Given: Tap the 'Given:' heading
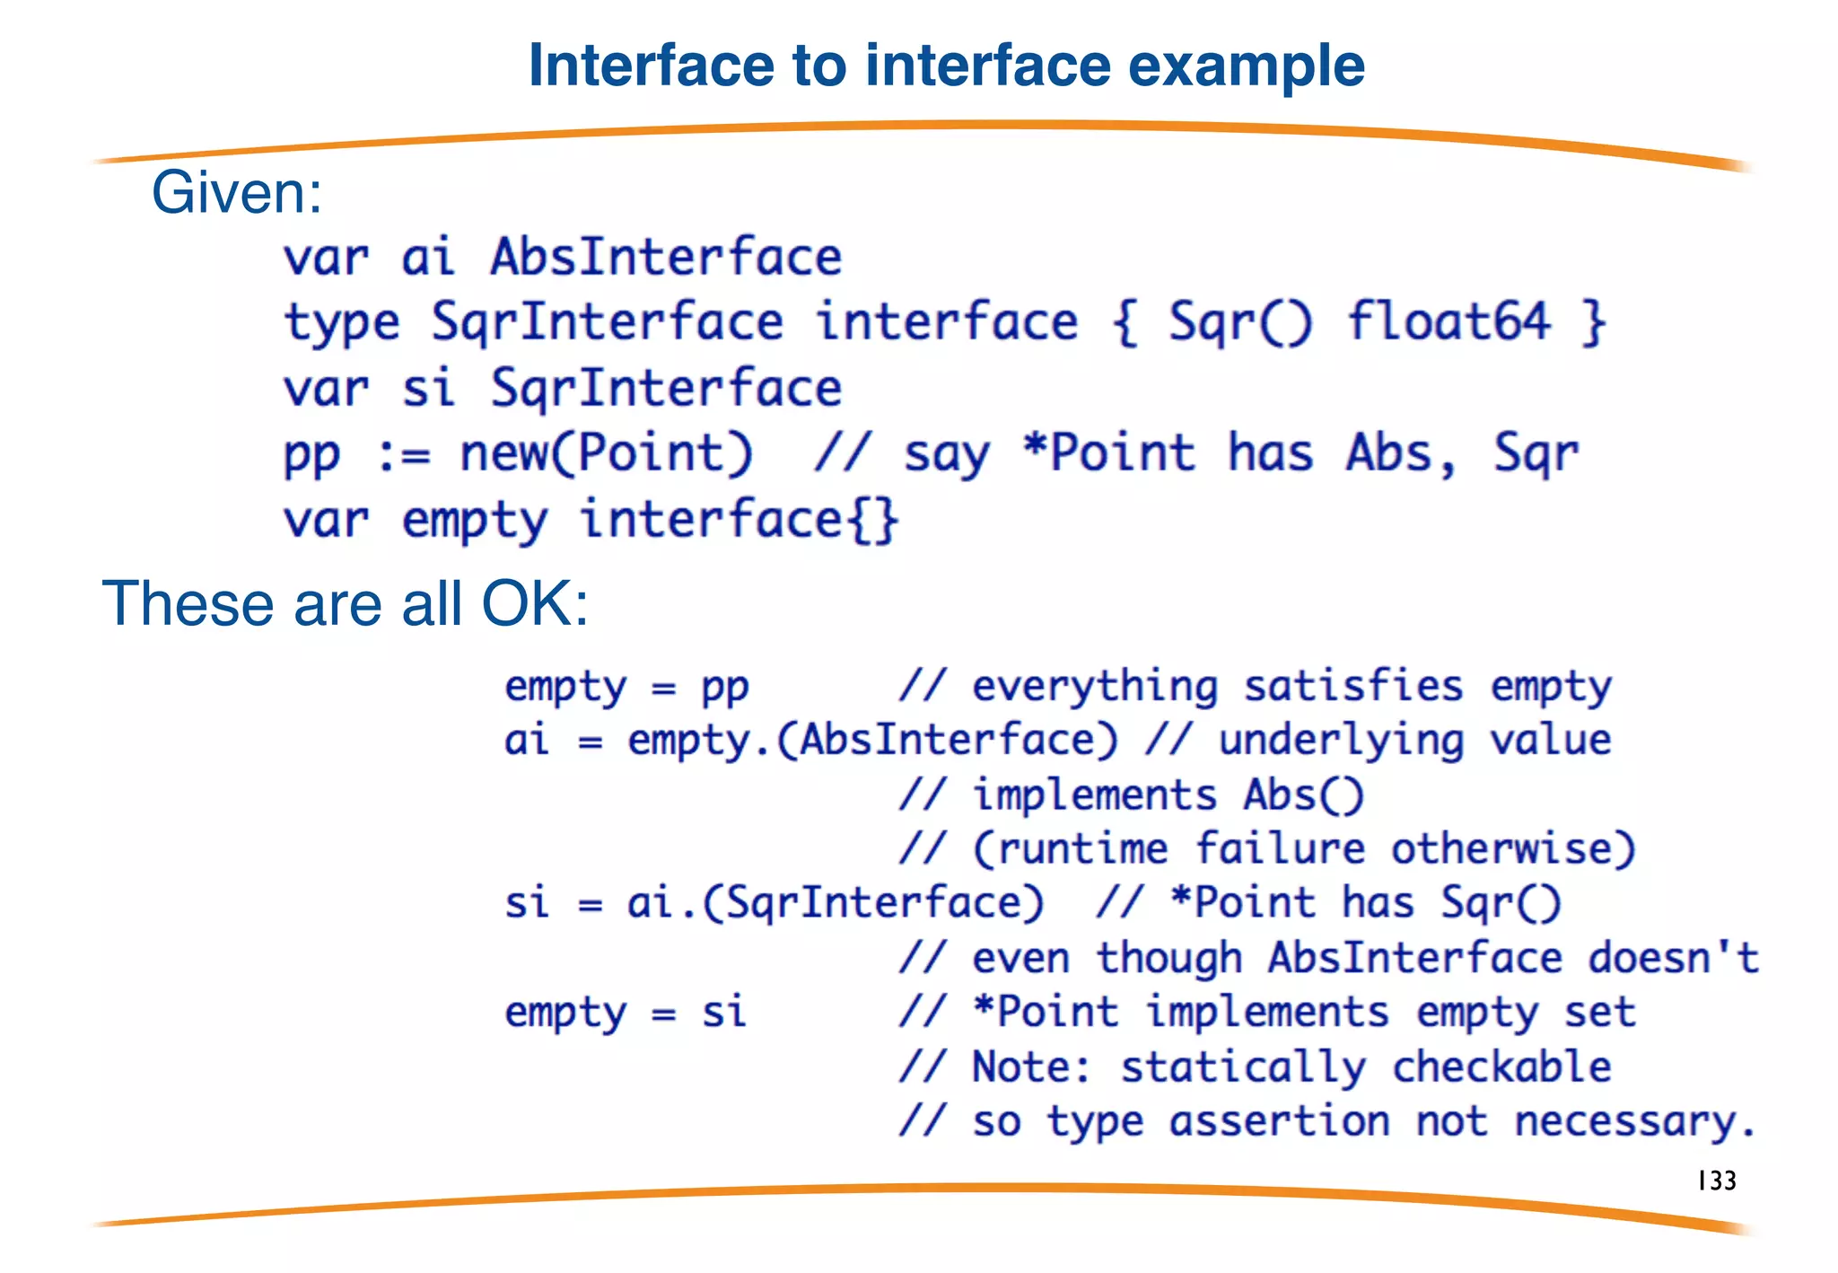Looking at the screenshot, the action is [x=236, y=193].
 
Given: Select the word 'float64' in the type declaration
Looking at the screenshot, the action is [x=1448, y=322].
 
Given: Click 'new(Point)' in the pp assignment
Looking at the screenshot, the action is [x=607, y=453].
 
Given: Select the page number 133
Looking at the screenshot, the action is [x=1717, y=1181].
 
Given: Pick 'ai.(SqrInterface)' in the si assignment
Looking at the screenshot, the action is [x=835, y=903].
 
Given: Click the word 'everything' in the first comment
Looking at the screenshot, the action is [x=1095, y=688].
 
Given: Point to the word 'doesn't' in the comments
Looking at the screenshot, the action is [x=1673, y=958].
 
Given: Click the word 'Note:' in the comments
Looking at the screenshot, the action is [x=1032, y=1067].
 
